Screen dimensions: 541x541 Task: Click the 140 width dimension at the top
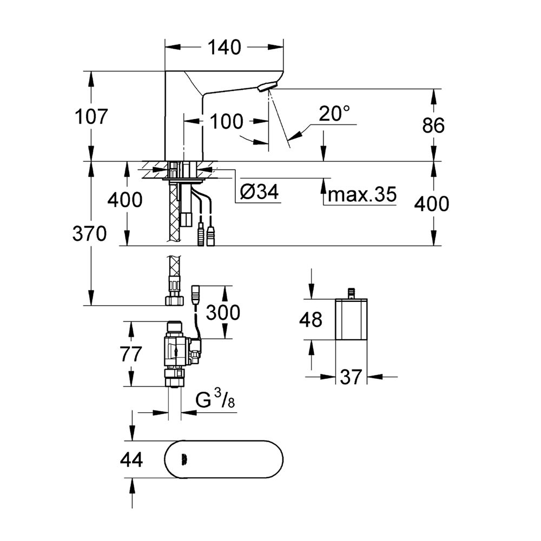(224, 48)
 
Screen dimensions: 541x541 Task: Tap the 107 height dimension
(91, 116)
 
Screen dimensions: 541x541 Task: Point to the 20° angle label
(334, 114)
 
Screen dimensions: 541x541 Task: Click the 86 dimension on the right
(433, 126)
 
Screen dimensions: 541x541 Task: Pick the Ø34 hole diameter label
(259, 192)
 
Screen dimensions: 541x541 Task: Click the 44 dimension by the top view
(130, 460)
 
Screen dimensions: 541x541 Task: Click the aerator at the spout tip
(267, 86)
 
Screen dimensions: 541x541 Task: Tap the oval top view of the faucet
(223, 460)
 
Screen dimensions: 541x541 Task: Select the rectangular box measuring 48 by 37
(351, 319)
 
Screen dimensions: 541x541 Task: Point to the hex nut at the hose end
(174, 299)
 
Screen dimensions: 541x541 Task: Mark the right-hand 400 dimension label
(433, 204)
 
